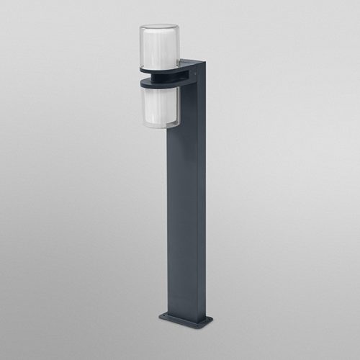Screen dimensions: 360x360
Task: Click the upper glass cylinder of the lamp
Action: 158,47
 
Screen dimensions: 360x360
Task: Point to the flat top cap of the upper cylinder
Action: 158,27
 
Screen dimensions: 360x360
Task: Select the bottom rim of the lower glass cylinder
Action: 159,127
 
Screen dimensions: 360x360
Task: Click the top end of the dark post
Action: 192,61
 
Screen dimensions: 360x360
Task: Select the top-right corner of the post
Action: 205,63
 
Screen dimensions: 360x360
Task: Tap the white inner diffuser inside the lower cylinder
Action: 157,107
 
